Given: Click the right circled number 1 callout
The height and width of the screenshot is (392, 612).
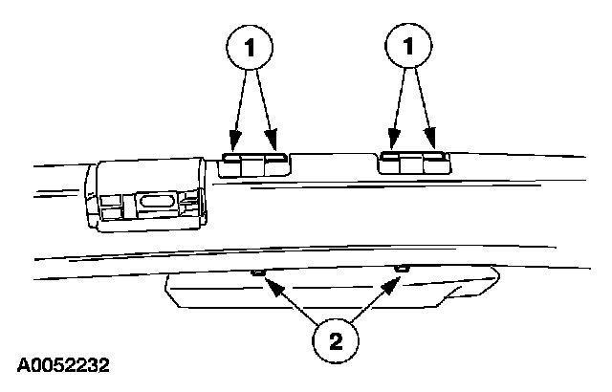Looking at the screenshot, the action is pos(410,46).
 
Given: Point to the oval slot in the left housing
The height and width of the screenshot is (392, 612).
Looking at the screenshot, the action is pos(159,203).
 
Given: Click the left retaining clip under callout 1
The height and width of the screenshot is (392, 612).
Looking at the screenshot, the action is pos(255,164).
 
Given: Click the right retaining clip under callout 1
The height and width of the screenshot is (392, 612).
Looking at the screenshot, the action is pos(413,163).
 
